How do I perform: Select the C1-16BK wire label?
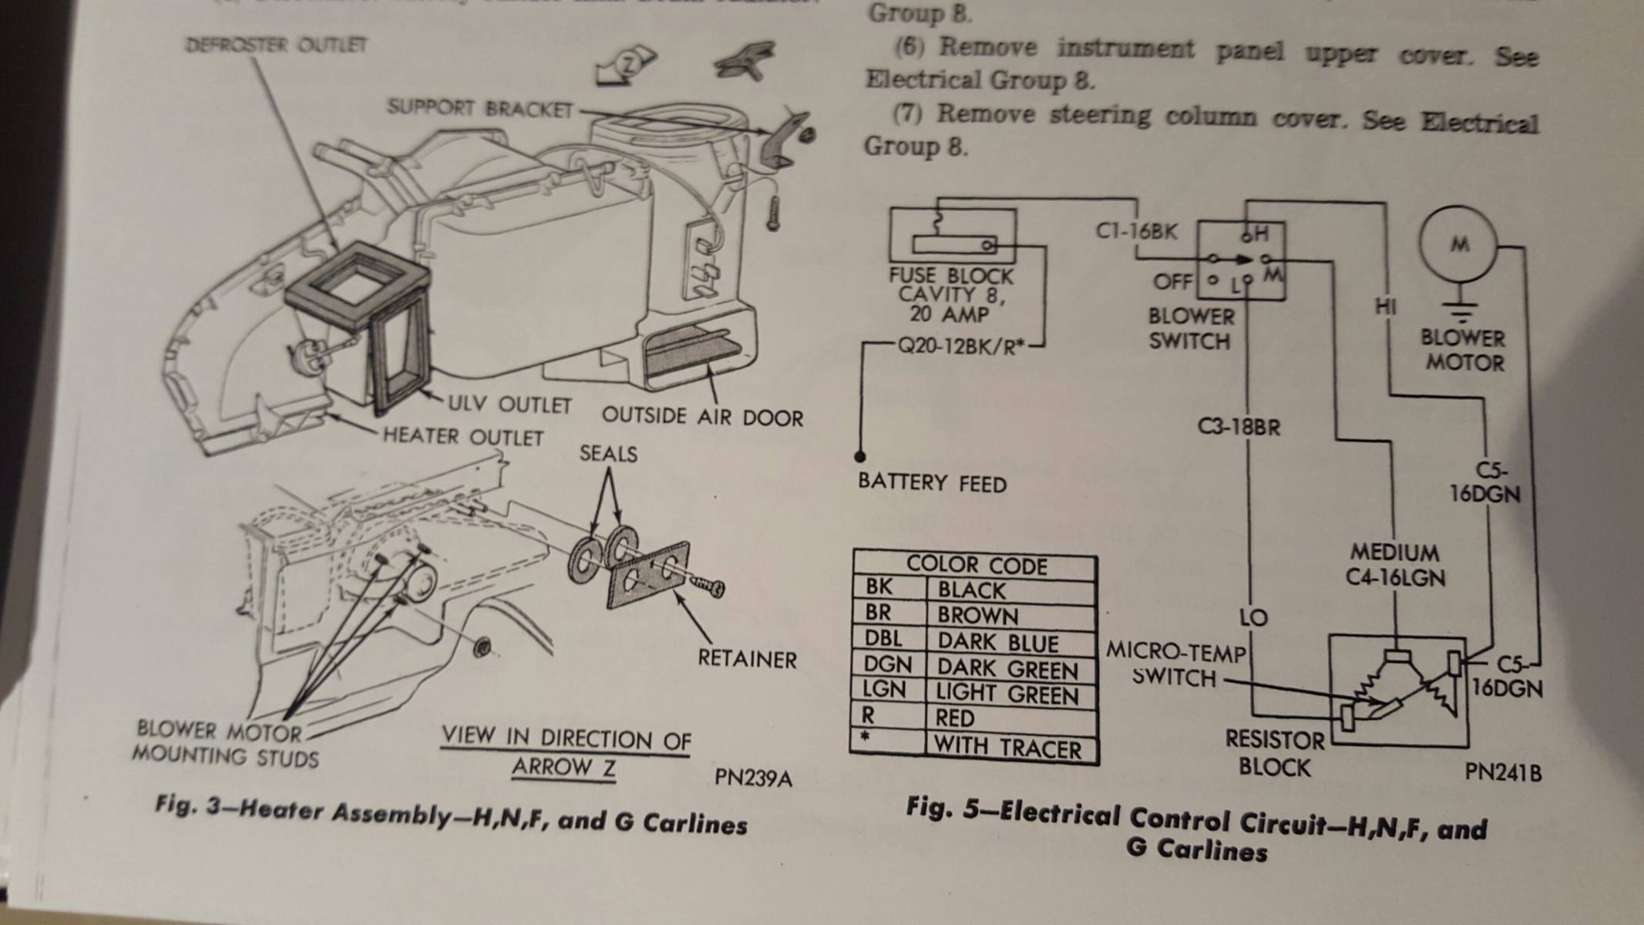pyautogui.click(x=1136, y=230)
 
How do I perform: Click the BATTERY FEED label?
pyautogui.click(x=932, y=483)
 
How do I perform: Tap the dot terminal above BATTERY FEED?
pyautogui.click(x=860, y=456)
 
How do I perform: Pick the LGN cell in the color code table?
pyautogui.click(x=884, y=689)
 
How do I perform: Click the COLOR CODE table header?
pyautogui.click(x=976, y=565)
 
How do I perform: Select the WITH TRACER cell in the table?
pyautogui.click(x=1007, y=748)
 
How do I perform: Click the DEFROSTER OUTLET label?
pyautogui.click(x=277, y=45)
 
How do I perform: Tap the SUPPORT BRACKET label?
pyautogui.click(x=479, y=109)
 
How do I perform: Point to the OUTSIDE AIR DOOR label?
pyautogui.click(x=702, y=417)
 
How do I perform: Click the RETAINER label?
pyautogui.click(x=746, y=659)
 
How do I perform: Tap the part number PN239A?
pyautogui.click(x=752, y=778)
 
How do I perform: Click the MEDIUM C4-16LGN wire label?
pyautogui.click(x=1395, y=565)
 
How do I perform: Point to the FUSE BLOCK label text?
pyautogui.click(x=951, y=276)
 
